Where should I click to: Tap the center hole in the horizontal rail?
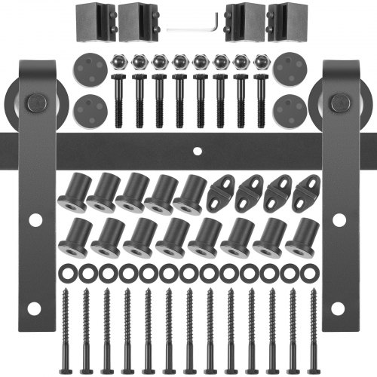click(x=198, y=151)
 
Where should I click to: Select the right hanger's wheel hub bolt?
click(x=339, y=102)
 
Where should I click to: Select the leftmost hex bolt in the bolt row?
click(x=118, y=94)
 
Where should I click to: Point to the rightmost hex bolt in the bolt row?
click(x=260, y=94)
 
